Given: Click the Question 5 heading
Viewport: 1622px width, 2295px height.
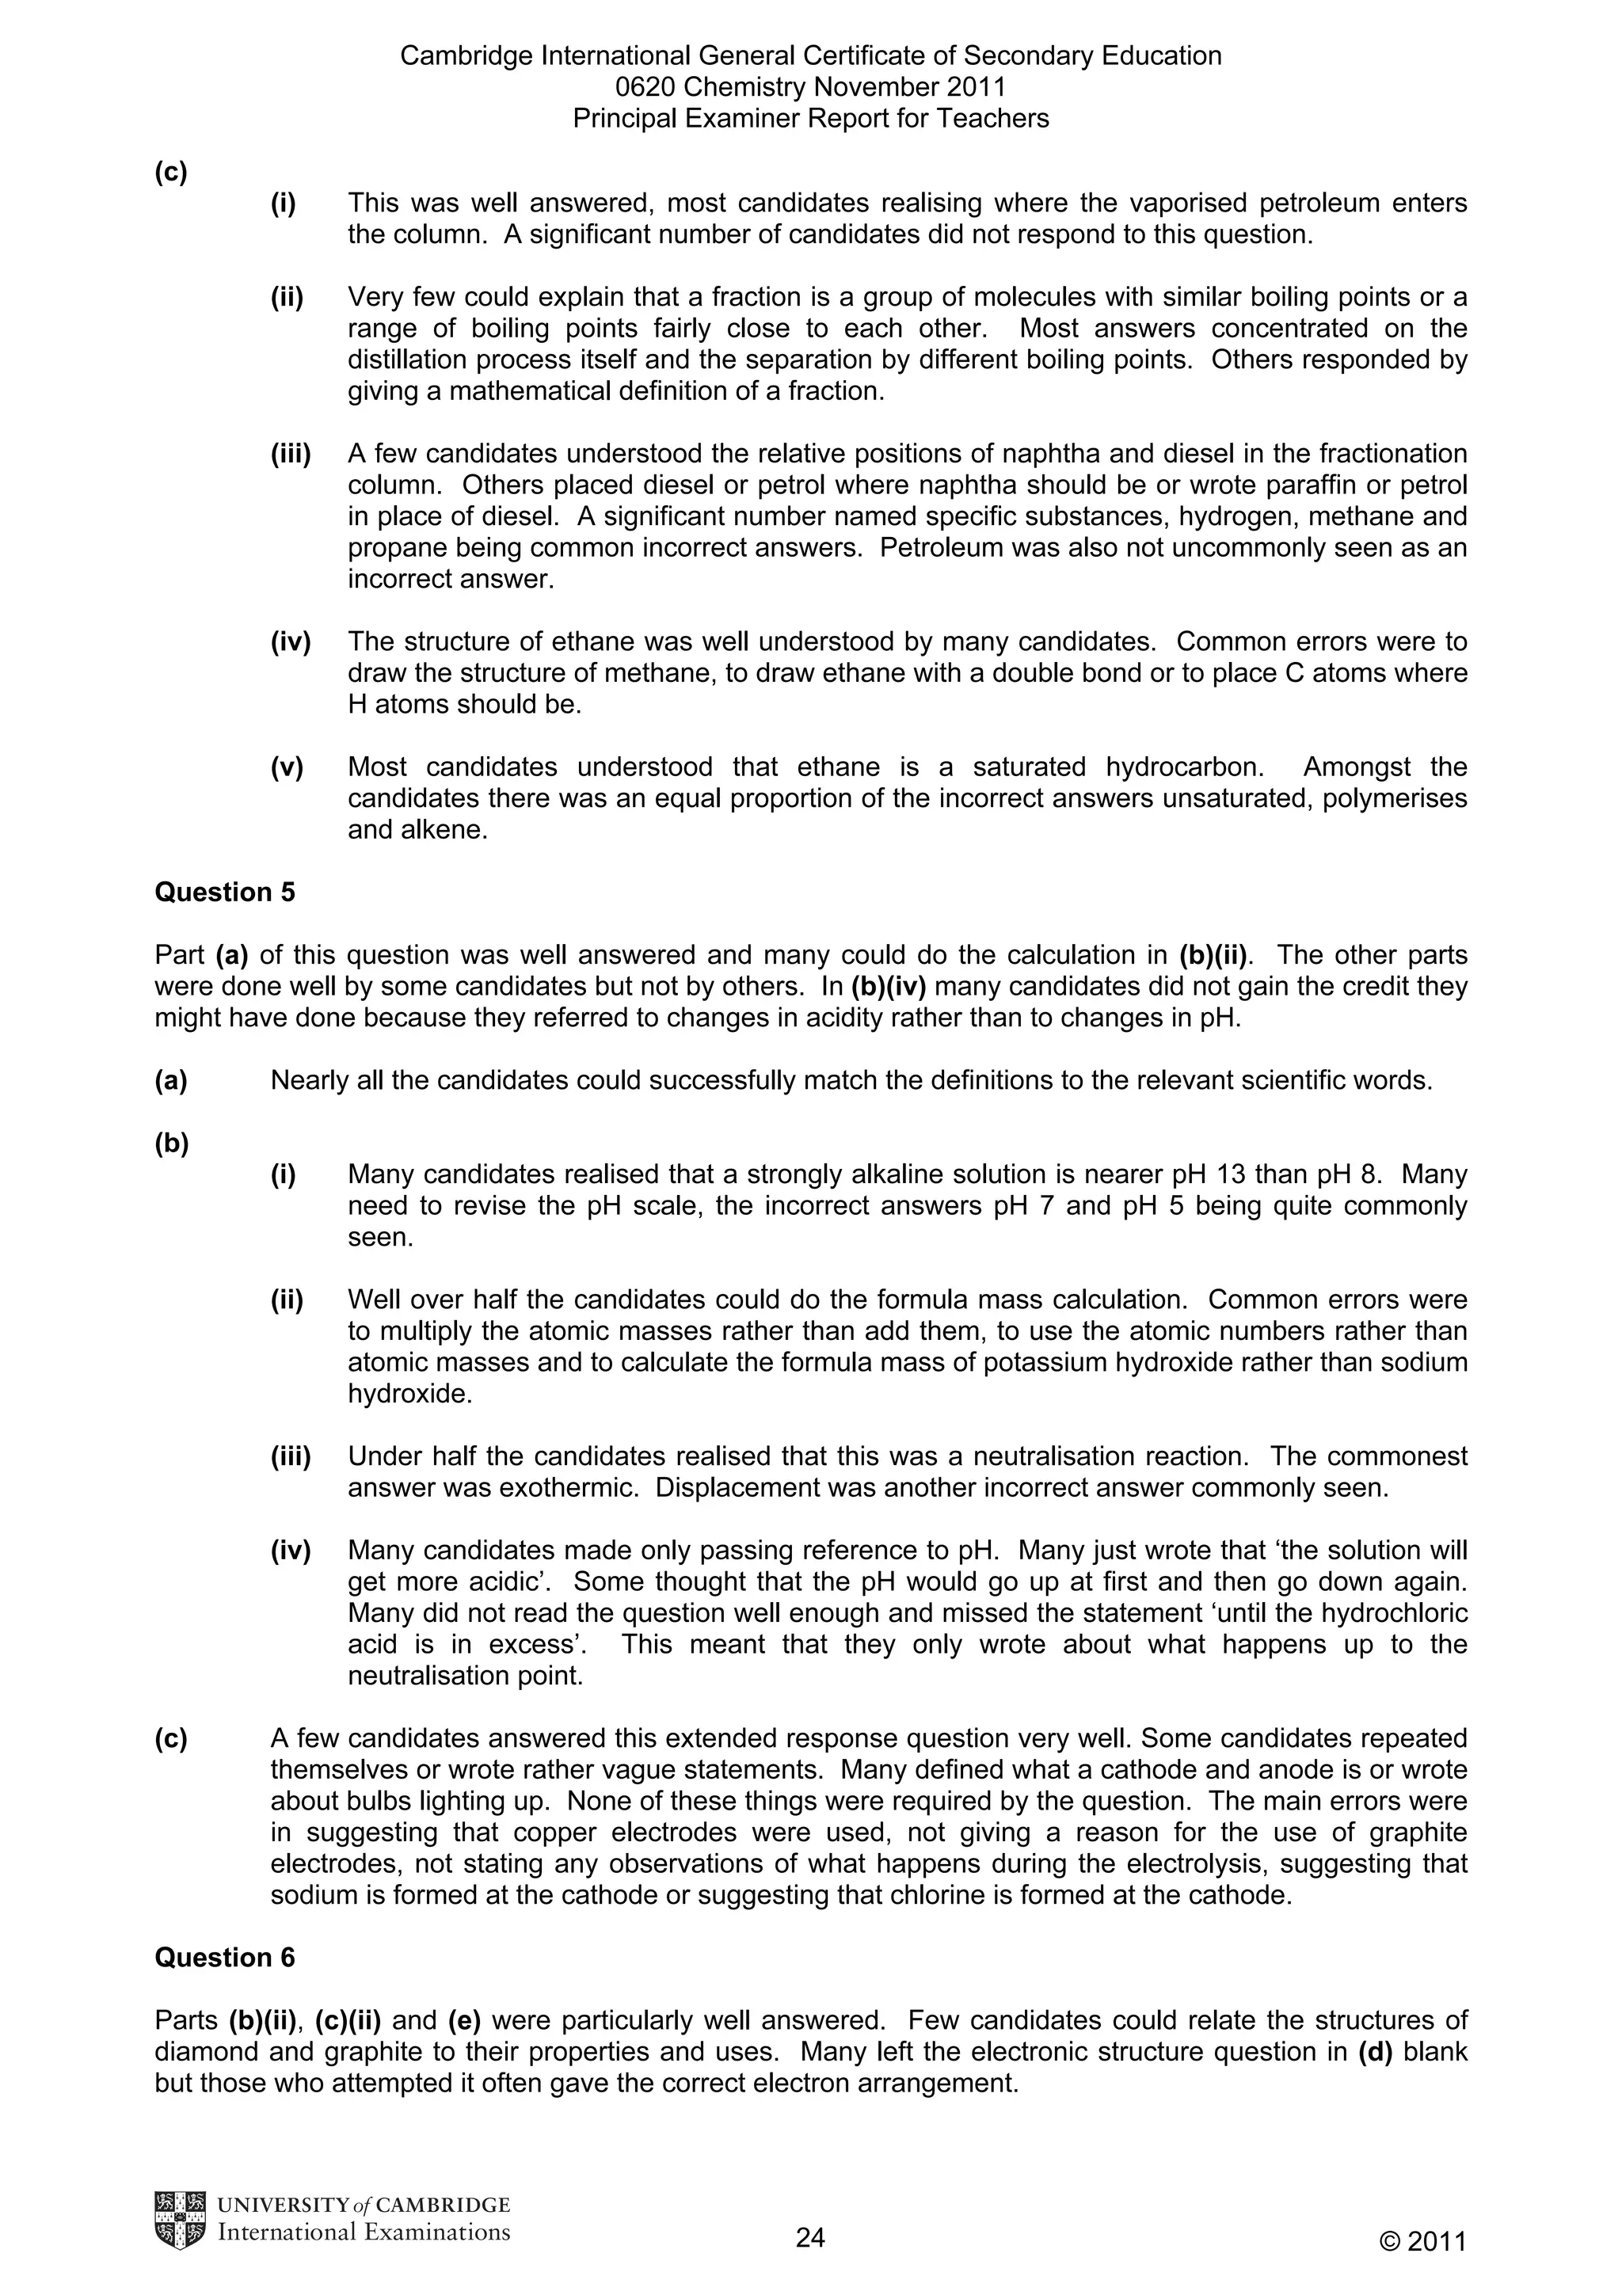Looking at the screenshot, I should (225, 892).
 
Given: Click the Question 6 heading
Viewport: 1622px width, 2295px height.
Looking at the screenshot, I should (225, 1957).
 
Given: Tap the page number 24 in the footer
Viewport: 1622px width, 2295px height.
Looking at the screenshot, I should (809, 2238).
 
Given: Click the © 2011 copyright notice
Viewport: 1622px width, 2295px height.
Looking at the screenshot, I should (1422, 2242).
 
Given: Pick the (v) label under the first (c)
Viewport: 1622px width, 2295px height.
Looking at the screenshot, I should (287, 767).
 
